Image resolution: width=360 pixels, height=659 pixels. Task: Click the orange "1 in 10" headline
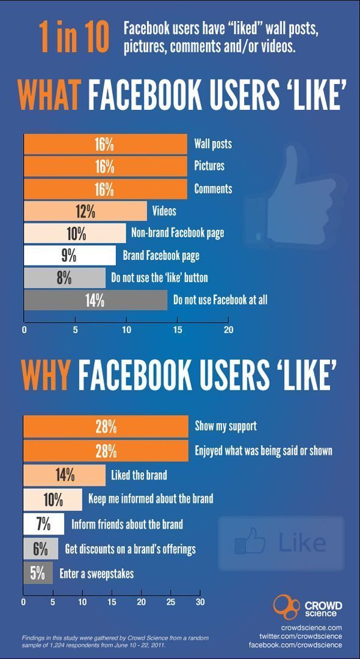coord(74,37)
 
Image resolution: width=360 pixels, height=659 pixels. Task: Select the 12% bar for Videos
coord(85,211)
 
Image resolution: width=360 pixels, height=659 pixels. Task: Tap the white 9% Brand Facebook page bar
coord(70,256)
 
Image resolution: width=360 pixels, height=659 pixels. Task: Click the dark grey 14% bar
coord(95,300)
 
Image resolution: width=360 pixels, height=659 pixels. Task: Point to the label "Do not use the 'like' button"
coord(159,278)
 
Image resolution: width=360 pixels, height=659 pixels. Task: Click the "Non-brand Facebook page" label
coord(178,233)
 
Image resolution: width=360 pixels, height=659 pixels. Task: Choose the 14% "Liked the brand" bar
coord(65,475)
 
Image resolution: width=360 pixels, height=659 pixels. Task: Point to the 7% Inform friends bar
coord(44,525)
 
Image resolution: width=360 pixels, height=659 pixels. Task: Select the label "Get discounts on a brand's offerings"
coord(130,549)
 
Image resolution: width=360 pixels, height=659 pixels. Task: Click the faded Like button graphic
coord(281,543)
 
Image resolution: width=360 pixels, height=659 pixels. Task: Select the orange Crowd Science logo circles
coord(287,607)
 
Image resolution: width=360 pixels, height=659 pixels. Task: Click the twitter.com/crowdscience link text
coord(300,635)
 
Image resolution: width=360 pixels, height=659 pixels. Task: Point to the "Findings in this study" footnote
coord(115,641)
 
